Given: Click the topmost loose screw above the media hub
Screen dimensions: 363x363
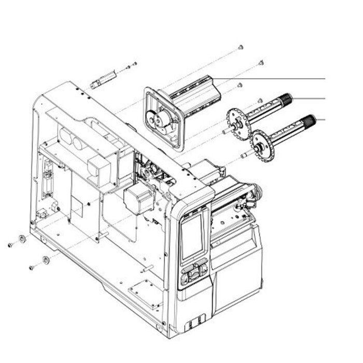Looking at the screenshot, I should [241, 48].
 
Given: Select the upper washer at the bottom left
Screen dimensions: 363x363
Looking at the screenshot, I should [23, 239].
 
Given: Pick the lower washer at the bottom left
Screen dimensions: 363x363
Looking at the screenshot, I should [46, 259].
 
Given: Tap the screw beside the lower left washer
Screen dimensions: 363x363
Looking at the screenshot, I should [32, 267].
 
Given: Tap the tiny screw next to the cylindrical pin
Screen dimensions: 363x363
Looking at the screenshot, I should [128, 67].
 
